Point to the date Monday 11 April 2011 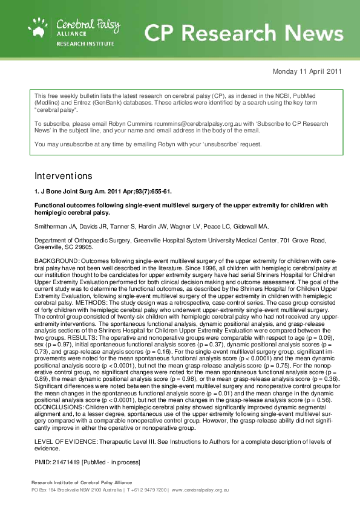[x=307, y=71]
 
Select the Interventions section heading [x=64, y=176]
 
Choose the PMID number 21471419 [x=66, y=462]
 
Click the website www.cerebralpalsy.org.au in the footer [x=200, y=489]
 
